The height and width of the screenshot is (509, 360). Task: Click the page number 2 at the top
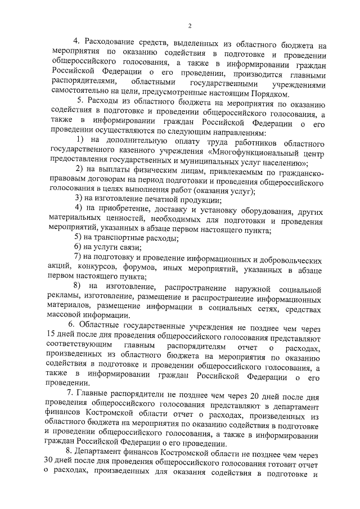pos(190,25)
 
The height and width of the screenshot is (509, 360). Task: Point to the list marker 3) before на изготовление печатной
pos(79,199)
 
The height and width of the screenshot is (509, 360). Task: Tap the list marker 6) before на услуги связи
pos(79,248)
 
